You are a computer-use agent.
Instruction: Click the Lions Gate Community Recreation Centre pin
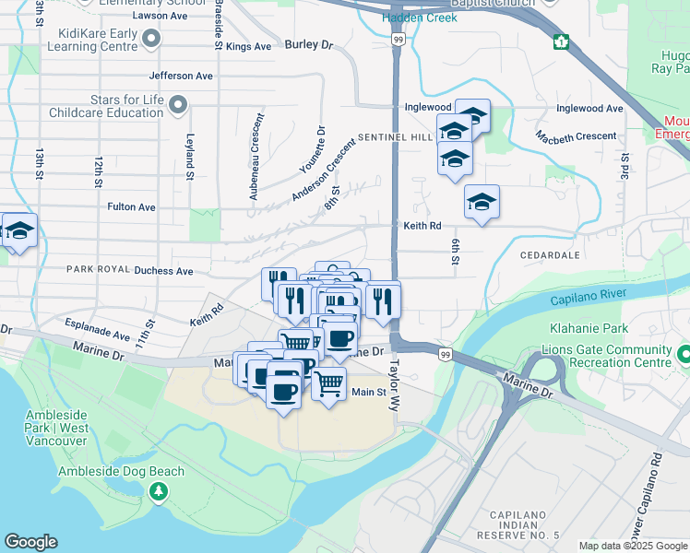click(x=683, y=353)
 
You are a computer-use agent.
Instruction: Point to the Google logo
click(x=30, y=542)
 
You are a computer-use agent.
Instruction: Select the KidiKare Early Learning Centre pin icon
click(x=151, y=38)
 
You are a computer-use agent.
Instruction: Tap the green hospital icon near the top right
click(x=561, y=41)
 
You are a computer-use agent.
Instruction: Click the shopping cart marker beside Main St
click(x=327, y=382)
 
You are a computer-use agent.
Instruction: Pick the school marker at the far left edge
click(x=18, y=232)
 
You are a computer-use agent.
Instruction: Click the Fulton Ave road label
click(x=131, y=207)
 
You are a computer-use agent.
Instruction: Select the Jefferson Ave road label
click(x=180, y=76)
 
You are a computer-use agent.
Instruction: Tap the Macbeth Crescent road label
click(x=577, y=136)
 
